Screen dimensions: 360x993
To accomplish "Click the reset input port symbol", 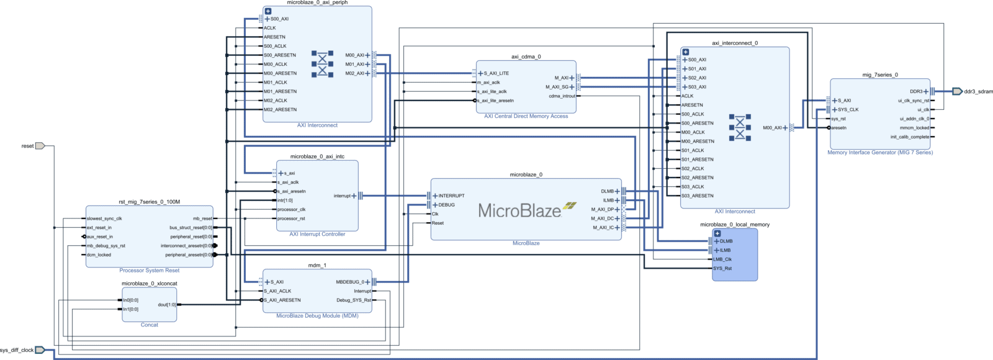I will [40, 146].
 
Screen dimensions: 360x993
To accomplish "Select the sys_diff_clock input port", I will [39, 350].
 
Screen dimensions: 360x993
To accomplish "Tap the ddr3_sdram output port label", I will [978, 91].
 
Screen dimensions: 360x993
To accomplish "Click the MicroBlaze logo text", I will [519, 211].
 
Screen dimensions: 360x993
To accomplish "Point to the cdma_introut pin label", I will [562, 96].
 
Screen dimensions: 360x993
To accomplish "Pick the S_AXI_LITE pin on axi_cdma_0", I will [496, 73].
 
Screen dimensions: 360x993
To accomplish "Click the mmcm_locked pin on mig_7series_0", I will [914, 128].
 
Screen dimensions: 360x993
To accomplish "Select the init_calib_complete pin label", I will [910, 137].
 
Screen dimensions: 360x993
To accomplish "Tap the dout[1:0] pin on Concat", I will [166, 305].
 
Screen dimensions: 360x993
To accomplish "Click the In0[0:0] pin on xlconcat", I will [131, 300].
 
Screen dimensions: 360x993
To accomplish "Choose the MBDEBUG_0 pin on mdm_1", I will [350, 282].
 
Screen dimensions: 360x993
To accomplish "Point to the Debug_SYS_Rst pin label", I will [353, 300].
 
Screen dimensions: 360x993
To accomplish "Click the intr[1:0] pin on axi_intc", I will [285, 200].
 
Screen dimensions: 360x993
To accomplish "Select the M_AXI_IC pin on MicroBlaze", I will [603, 228].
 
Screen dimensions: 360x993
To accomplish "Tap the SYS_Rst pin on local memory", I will [722, 269].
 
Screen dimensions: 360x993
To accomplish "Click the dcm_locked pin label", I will [99, 255].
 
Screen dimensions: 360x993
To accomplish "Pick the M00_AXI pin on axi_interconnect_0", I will [772, 128].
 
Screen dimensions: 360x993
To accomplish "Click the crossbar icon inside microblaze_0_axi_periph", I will [322, 64].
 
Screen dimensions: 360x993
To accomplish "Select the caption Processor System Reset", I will [149, 271].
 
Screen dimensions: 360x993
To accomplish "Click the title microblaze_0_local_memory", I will [735, 225].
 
